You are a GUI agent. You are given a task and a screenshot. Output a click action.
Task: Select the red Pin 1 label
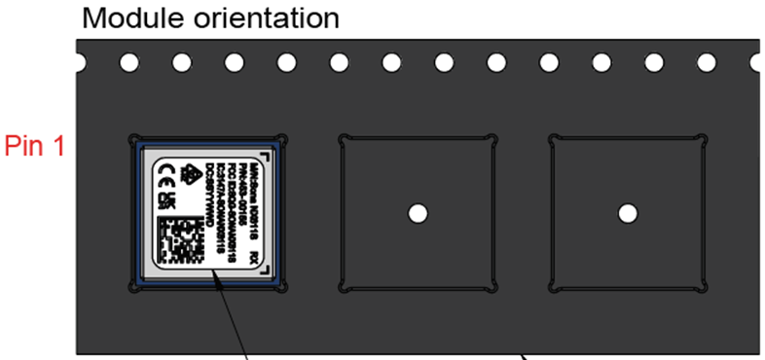click(35, 146)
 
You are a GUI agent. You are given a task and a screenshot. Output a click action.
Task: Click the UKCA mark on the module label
click(164, 200)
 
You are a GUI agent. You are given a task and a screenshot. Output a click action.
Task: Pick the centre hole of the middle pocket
click(418, 212)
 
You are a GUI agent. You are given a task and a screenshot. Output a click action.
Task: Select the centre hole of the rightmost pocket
click(628, 212)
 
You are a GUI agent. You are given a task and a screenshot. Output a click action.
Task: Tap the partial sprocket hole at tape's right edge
click(757, 63)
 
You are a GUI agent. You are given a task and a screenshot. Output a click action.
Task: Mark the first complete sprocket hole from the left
click(128, 63)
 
